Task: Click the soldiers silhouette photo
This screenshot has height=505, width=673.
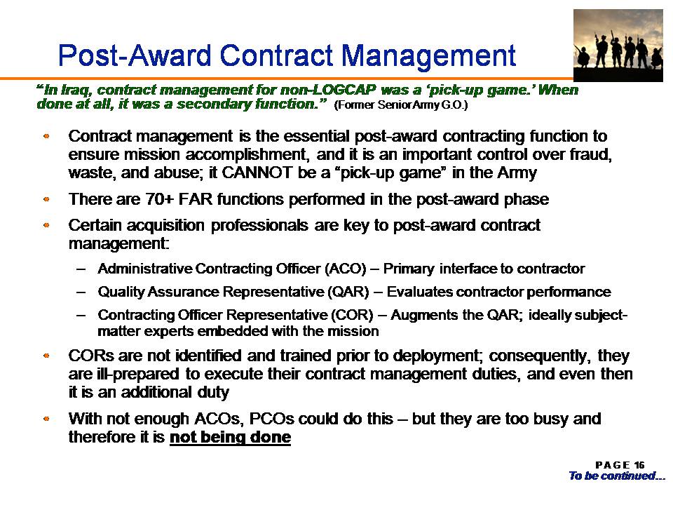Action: pos(618,45)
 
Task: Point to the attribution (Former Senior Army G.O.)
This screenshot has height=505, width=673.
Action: pos(400,105)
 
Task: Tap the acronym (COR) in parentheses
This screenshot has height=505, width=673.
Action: pos(352,315)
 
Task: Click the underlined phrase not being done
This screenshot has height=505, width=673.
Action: pos(231,437)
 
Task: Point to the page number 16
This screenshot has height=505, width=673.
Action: pos(639,465)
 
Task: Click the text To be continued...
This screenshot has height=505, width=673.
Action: pos(617,476)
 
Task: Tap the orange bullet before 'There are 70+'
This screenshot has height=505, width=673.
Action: pos(46,199)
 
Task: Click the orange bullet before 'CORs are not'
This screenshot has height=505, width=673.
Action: pos(46,356)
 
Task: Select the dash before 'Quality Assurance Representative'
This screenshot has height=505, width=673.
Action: pos(81,292)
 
